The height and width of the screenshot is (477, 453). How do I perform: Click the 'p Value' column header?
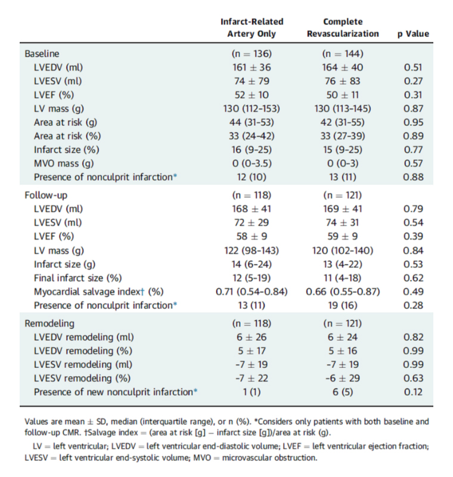(413, 34)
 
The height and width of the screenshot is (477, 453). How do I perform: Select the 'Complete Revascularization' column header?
(343, 27)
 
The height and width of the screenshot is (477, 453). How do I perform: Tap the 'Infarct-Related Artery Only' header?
(252, 27)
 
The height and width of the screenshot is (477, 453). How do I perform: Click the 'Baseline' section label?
(42, 54)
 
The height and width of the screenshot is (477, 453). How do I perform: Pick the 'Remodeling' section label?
(49, 323)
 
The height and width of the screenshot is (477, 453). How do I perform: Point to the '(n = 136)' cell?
(252, 54)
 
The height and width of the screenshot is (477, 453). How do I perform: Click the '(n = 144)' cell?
(343, 54)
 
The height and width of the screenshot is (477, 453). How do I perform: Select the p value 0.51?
(413, 67)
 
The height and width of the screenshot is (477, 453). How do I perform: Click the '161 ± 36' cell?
(252, 67)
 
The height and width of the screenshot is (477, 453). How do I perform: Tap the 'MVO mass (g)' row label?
(64, 163)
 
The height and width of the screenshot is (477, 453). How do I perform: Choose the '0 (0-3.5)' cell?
(252, 163)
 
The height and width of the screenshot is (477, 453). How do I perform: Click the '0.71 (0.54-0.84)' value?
(252, 292)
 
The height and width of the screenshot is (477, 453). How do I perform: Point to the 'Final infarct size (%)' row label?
(78, 278)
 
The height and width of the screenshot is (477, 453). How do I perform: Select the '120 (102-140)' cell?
(343, 250)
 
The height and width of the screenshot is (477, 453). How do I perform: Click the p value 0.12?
(413, 392)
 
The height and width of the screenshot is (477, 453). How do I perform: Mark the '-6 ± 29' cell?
(343, 379)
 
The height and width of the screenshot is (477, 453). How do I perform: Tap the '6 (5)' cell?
(343, 392)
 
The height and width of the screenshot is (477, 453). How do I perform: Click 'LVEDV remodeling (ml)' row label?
(84, 337)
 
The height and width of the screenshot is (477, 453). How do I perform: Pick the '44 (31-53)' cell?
(252, 123)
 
